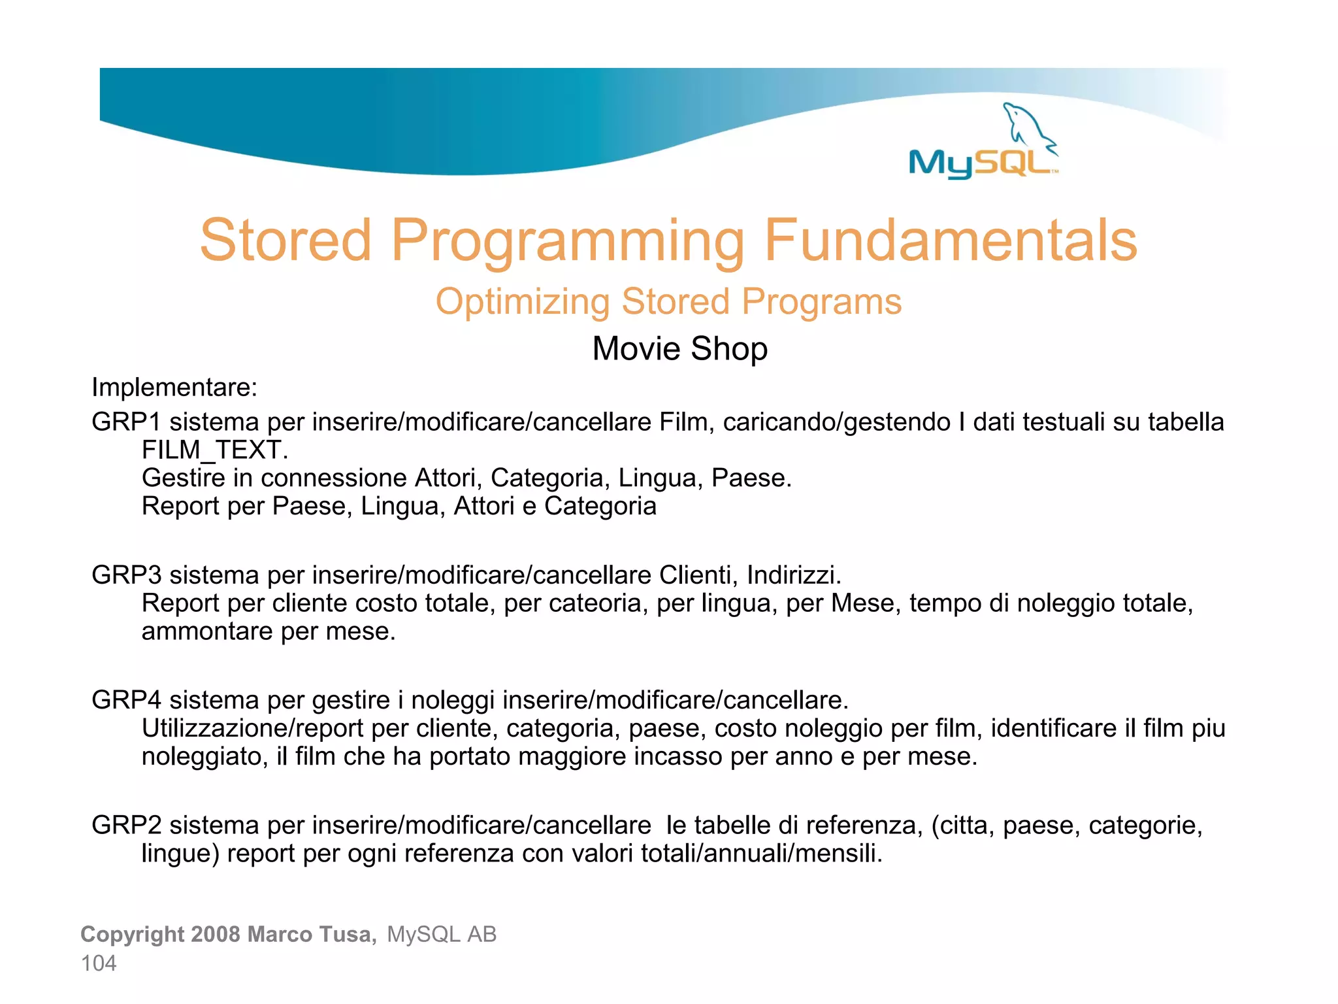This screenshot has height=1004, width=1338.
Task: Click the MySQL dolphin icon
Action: point(1028,125)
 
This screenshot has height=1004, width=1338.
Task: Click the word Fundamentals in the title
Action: point(951,241)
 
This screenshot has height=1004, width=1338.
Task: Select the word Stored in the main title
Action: point(286,241)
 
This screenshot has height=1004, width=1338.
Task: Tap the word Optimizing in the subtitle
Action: point(522,302)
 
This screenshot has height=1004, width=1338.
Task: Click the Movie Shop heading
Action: point(679,348)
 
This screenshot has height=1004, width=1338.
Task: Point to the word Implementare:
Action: point(174,388)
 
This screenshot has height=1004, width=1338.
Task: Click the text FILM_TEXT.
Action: point(214,450)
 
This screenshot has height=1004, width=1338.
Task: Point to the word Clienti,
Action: point(698,575)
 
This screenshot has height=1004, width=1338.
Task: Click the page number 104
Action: point(99,963)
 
